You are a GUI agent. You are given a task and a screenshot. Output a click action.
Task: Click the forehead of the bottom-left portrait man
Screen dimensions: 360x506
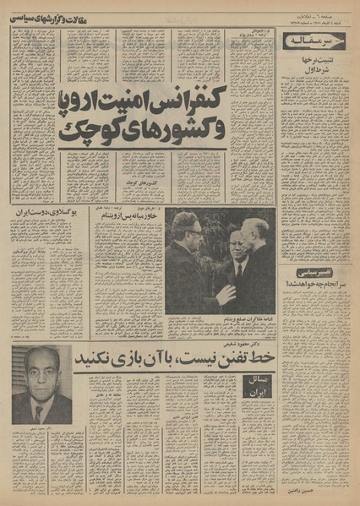coord(38,360)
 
